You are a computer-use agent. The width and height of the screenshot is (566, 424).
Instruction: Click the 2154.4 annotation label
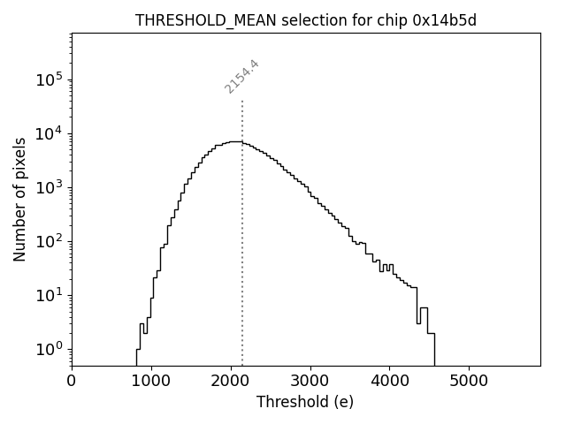[241, 77]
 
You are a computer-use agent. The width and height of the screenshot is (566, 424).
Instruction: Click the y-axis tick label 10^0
[49, 349]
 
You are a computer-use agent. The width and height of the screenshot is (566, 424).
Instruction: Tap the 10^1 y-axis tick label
[49, 295]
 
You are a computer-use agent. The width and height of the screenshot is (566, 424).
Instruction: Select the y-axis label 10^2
[49, 241]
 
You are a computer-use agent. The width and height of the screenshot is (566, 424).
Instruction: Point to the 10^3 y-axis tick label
[49, 187]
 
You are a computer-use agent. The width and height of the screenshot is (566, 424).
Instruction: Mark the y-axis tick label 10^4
[49, 134]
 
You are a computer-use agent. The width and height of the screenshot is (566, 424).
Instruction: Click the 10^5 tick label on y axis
[49, 80]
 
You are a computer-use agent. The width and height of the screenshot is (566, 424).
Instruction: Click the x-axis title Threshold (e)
[305, 402]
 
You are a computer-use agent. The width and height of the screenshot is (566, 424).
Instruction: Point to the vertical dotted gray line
[242, 265]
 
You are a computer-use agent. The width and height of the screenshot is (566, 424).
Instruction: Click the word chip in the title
[391, 21]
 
